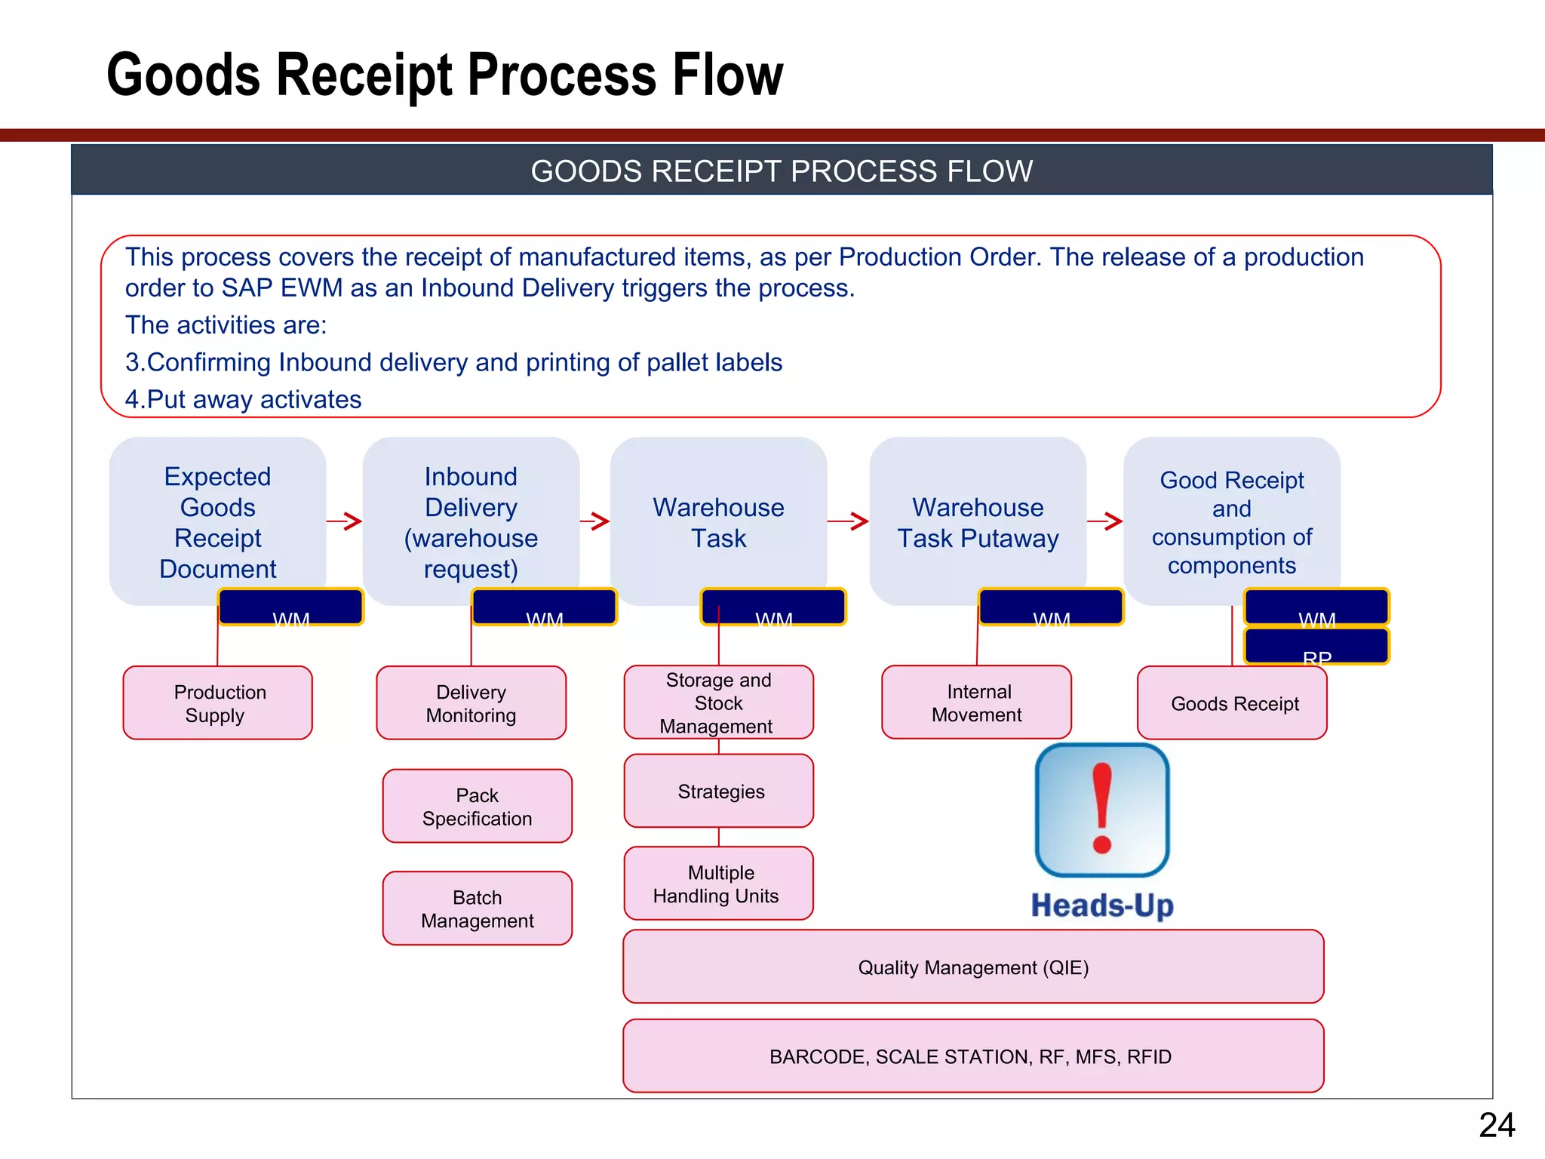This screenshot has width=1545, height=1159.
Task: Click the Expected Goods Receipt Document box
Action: coord(217,521)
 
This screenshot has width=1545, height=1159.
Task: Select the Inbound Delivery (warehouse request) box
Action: coord(471,521)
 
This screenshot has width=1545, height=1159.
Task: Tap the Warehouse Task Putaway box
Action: coord(978,521)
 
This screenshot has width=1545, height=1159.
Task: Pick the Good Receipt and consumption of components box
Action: coord(1231,521)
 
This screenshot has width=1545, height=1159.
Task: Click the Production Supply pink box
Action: coord(217,702)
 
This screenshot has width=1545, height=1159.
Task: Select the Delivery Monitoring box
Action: coord(471,702)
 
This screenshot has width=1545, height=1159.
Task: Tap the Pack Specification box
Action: coord(477,806)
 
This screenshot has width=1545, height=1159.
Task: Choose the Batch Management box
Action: coord(477,908)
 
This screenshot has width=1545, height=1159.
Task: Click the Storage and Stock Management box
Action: coord(718,702)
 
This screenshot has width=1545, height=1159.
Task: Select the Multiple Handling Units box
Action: coord(718,883)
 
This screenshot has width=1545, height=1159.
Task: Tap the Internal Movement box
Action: coord(976,702)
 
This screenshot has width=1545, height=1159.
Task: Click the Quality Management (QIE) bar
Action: coord(973,967)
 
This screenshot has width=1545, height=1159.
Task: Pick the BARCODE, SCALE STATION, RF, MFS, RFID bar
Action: coord(973,1056)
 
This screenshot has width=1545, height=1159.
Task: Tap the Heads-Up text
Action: coord(1102,905)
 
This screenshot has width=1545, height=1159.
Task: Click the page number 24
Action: coord(1497,1125)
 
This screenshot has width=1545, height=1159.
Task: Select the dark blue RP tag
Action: coord(1316,647)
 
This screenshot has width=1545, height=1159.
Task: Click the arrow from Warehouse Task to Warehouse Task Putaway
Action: coord(848,521)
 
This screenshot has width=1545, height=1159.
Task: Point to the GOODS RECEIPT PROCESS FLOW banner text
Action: coord(782,171)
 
